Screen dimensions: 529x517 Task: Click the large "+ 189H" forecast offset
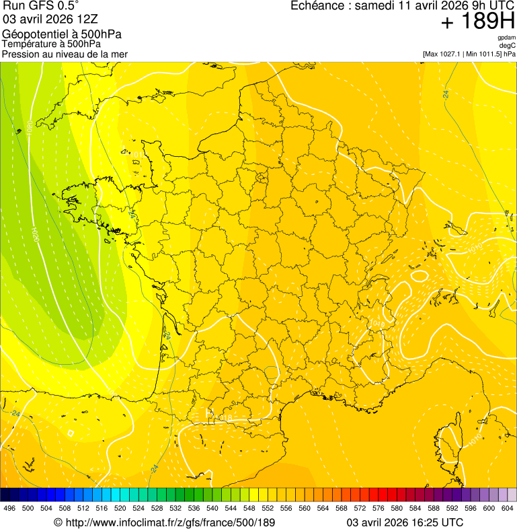[x=478, y=22]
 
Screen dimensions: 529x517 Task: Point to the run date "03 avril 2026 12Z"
[x=50, y=18]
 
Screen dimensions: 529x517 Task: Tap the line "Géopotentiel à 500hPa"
[x=62, y=34]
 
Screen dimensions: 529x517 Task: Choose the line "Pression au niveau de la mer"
[x=65, y=54]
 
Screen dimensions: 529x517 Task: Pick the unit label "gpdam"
[x=506, y=38]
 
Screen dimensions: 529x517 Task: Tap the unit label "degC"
[x=508, y=45]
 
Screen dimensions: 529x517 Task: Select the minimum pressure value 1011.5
[x=489, y=53]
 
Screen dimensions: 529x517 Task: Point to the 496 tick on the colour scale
[x=9, y=508]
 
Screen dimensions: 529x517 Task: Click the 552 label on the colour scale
[x=268, y=508]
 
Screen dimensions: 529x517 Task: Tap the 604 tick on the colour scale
[x=507, y=508]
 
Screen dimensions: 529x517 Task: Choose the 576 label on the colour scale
[x=379, y=508]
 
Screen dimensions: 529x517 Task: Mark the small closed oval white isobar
[x=420, y=275]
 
